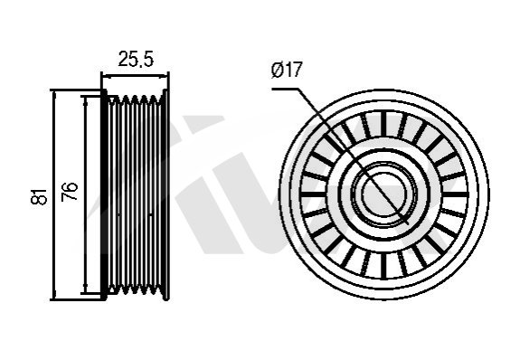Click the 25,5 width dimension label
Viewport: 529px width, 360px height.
pyautogui.click(x=136, y=59)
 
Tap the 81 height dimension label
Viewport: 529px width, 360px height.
pyautogui.click(x=39, y=196)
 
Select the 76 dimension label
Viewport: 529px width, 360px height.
pyautogui.click(x=69, y=191)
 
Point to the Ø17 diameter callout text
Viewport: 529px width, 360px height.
pyautogui.click(x=286, y=70)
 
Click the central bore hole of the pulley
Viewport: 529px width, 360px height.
pyautogui.click(x=384, y=194)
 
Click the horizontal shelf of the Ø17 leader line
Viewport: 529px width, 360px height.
pyautogui.click(x=285, y=89)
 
